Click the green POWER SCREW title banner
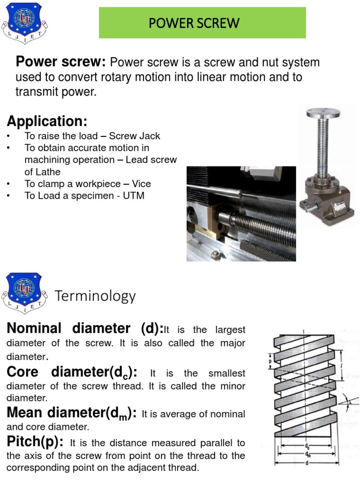click(202, 23)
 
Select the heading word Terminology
click(96, 296)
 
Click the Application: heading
click(47, 121)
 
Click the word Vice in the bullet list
click(141, 184)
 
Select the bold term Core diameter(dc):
click(72, 372)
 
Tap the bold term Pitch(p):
click(35, 442)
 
